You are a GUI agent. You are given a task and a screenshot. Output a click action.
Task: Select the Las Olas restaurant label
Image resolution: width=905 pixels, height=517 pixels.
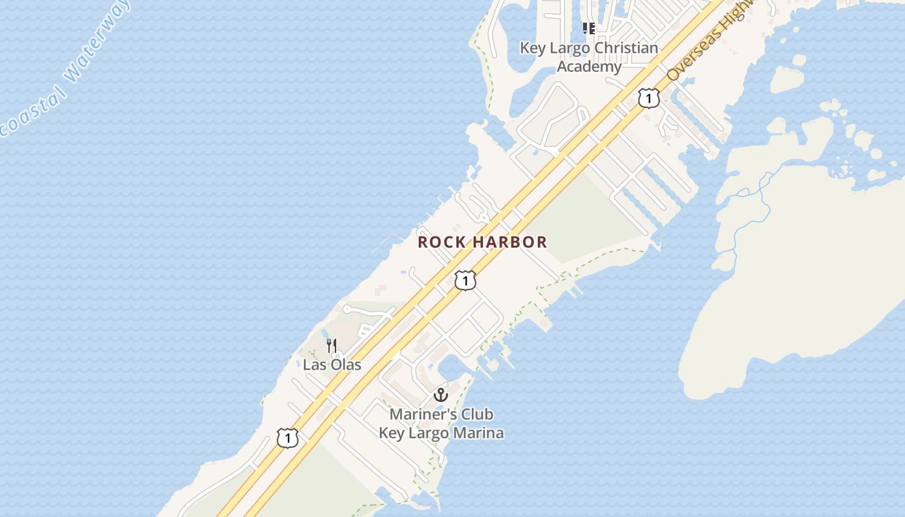coord(332,364)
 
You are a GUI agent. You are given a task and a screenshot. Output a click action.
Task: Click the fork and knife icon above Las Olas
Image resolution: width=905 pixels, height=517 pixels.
coord(332,346)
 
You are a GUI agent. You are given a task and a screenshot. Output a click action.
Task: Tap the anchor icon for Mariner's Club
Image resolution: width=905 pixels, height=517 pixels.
coord(441,394)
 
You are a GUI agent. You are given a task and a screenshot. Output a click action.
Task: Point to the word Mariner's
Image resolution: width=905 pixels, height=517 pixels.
coord(421,414)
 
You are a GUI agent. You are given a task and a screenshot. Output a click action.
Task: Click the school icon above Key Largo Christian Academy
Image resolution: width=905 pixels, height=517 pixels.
coord(589,28)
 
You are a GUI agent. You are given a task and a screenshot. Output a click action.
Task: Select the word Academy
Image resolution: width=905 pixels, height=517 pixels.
coord(589,66)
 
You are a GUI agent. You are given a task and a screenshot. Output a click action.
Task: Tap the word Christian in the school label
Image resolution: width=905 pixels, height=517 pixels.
coord(626,48)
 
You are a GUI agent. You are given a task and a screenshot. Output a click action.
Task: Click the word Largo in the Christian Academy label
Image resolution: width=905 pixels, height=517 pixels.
coord(570,48)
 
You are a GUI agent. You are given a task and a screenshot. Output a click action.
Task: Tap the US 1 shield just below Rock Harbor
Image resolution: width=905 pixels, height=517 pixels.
coord(465,280)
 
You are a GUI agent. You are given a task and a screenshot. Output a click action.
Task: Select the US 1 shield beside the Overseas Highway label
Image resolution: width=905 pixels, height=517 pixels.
coord(648,98)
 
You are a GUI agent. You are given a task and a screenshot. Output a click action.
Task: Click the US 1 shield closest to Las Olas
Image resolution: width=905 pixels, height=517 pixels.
coord(288,438)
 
